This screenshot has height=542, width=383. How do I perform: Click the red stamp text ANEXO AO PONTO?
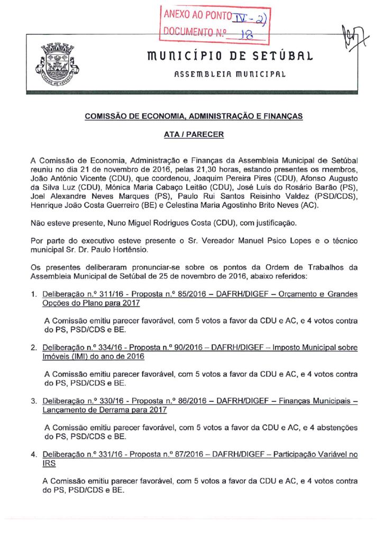pos(194,16)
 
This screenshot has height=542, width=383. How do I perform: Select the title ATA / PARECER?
pos(194,134)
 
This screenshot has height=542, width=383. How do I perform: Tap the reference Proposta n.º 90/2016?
pos(162,348)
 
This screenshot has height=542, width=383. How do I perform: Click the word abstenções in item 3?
pos(334,427)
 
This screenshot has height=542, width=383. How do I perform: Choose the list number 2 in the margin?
pos(33,348)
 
